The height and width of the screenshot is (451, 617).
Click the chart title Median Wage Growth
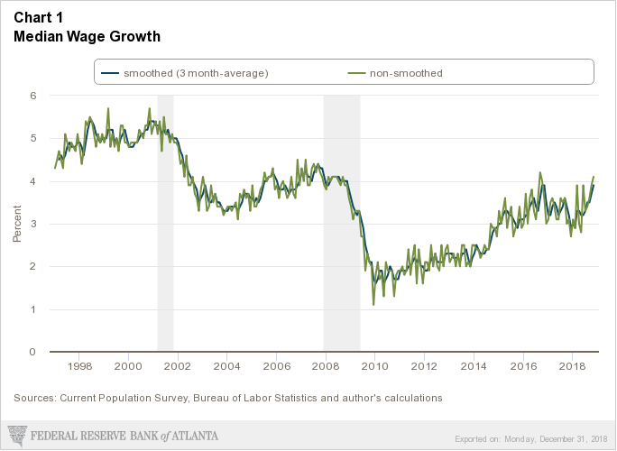[x=87, y=37]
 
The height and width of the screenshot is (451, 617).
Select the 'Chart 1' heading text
[x=38, y=18]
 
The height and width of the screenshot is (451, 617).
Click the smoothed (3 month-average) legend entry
[x=185, y=72]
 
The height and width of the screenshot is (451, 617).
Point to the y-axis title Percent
[x=17, y=224]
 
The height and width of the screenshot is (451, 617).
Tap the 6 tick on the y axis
[x=32, y=95]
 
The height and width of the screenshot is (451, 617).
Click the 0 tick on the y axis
[x=32, y=352]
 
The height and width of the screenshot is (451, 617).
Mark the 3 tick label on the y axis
[x=32, y=224]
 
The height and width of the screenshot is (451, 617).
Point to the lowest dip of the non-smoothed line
[x=373, y=305]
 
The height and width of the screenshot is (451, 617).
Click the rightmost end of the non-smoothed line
[x=594, y=177]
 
